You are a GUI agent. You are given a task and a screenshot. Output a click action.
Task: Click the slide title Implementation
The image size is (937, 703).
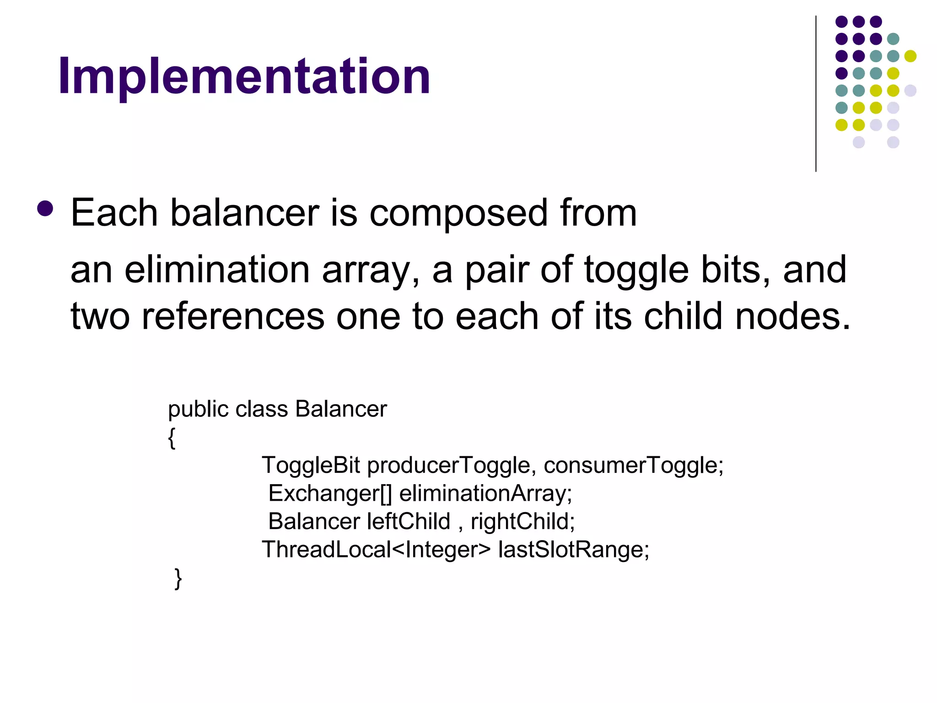244,76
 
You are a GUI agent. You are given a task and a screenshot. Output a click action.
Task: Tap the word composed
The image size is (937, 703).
458,214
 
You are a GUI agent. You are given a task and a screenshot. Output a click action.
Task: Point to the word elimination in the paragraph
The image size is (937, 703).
217,270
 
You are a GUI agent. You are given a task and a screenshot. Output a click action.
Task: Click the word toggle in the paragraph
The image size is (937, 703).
636,270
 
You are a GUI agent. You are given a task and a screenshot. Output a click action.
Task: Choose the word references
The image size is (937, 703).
233,316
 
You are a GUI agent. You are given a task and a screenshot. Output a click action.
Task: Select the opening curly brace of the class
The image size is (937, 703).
172,438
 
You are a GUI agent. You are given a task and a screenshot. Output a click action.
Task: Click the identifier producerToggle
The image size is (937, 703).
448,466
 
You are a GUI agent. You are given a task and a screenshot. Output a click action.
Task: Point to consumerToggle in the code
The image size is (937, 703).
633,466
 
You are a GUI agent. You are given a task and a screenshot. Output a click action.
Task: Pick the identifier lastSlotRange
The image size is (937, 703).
573,550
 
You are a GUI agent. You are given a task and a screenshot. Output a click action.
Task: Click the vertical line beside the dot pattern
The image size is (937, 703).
816,94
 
